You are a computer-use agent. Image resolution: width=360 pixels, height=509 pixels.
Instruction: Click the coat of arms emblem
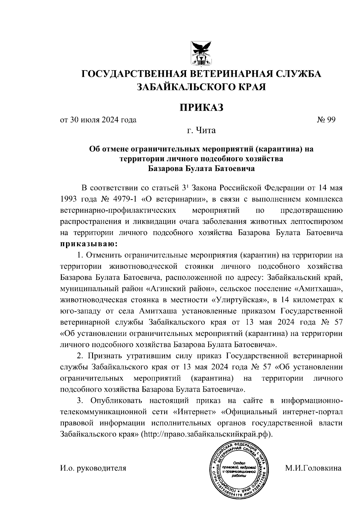pos(202,53)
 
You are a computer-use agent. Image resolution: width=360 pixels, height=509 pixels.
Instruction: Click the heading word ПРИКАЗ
pos(202,107)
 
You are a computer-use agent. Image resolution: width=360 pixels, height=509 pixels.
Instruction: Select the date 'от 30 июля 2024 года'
pos(98,120)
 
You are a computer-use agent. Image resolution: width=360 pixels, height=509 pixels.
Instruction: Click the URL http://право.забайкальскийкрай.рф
pos(206,434)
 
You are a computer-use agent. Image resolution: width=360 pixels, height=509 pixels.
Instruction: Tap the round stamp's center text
pos(239,471)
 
